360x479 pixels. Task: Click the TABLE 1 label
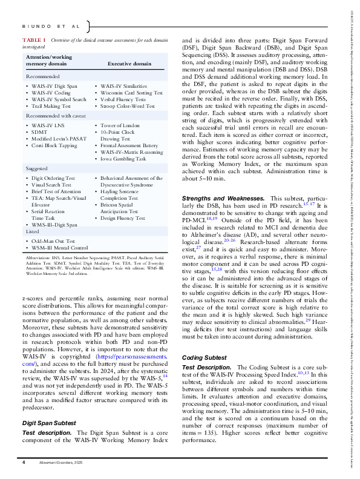pos(33,39)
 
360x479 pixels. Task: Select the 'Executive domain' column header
pos(129,62)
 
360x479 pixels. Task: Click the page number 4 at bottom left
pos(24,462)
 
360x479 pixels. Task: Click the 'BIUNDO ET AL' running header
pos(51,26)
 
